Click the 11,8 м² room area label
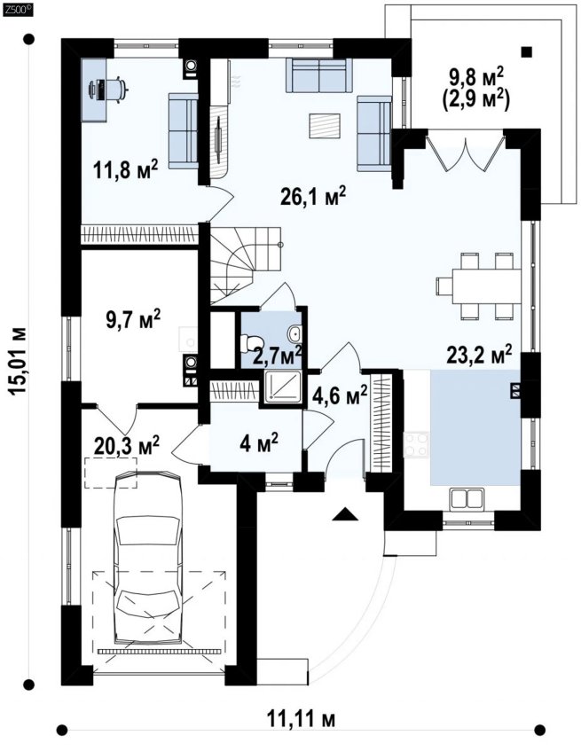point(125,169)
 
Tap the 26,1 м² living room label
point(313,195)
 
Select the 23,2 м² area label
point(479,355)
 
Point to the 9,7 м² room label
point(133,319)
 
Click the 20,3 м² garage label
point(127,445)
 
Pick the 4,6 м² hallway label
point(340,395)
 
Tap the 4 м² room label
point(259,442)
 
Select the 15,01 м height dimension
point(19,361)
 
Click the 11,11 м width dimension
point(301,719)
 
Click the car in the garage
point(148,557)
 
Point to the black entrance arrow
point(346,514)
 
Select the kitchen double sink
point(465,498)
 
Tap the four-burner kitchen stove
point(416,444)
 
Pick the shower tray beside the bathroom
point(282,387)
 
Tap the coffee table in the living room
point(325,126)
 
